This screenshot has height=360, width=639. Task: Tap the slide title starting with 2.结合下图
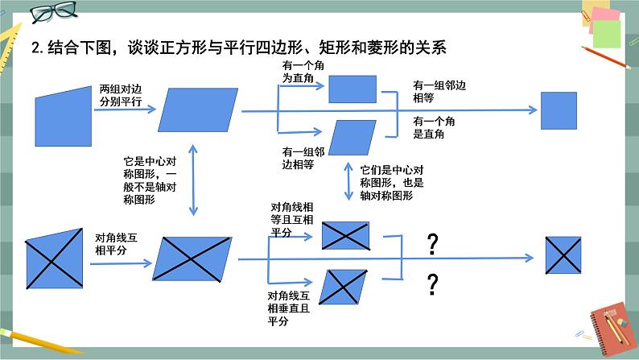point(238,48)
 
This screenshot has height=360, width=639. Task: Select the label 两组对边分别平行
point(120,95)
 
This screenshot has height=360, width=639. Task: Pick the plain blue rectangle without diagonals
point(347,88)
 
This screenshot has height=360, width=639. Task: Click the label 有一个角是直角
point(435,126)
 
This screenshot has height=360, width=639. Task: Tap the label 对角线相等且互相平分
point(291,220)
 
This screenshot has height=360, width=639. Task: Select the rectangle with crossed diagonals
point(345,235)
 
